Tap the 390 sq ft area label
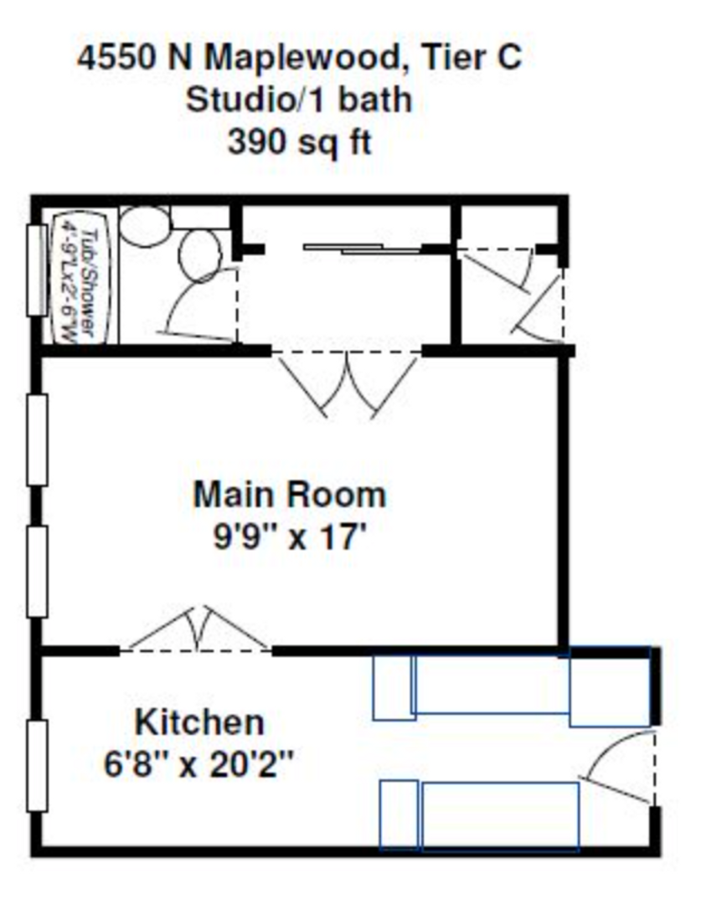click(x=299, y=141)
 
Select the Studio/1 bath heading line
click(x=299, y=100)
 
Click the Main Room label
click(x=290, y=494)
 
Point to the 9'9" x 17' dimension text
click(x=290, y=536)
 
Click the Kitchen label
click(x=199, y=721)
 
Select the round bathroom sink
click(x=143, y=224)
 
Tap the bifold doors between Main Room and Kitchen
click(x=198, y=629)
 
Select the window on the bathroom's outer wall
click(x=36, y=270)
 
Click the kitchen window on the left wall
click(x=36, y=765)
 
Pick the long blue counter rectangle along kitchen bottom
click(x=500, y=816)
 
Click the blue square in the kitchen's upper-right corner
click(x=610, y=686)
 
